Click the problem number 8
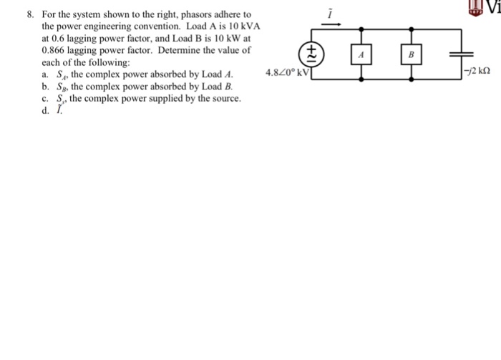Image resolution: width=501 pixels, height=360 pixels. (29, 14)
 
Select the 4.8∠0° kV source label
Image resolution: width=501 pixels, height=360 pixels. (286, 73)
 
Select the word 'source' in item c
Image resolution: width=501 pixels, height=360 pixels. (223, 97)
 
